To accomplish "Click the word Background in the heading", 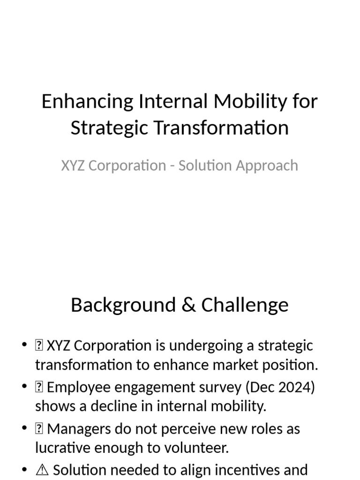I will pyautogui.click(x=122, y=305).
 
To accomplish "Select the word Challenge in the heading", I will pyautogui.click(x=245, y=305).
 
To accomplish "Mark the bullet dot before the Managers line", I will pyautogui.click(x=25, y=429).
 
